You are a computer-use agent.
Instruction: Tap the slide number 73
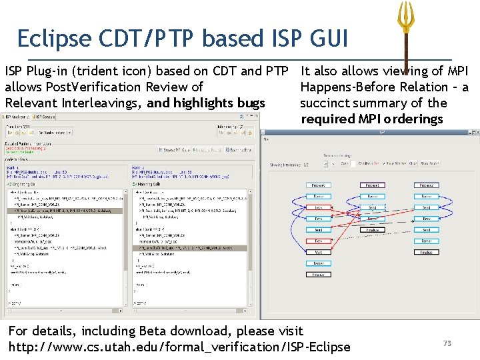tap(447, 343)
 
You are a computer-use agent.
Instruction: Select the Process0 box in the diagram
tap(319, 185)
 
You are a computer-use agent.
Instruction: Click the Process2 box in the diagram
tap(426, 185)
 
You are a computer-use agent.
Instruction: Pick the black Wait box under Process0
tap(319, 252)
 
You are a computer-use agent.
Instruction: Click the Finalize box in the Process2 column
tap(426, 252)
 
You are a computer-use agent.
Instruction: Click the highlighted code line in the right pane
tap(190, 247)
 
